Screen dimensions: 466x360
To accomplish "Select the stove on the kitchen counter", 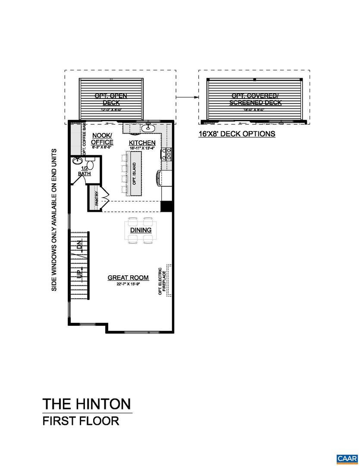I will click(x=166, y=153).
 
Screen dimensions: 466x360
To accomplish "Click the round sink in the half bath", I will click(x=78, y=161).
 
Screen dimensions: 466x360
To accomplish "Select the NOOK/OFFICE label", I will click(x=103, y=139).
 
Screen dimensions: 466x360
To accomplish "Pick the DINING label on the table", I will click(x=141, y=230).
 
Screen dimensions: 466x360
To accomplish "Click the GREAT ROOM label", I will click(x=128, y=277).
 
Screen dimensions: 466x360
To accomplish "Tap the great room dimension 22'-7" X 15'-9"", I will click(x=128, y=284).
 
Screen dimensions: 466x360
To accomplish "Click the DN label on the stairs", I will click(x=79, y=246).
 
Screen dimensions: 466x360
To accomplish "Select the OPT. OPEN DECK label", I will click(x=111, y=99).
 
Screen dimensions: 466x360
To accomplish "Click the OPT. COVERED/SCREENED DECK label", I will click(x=255, y=99).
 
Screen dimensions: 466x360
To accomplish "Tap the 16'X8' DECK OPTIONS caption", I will click(x=237, y=134).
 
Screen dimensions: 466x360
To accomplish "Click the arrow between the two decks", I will click(x=187, y=98).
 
